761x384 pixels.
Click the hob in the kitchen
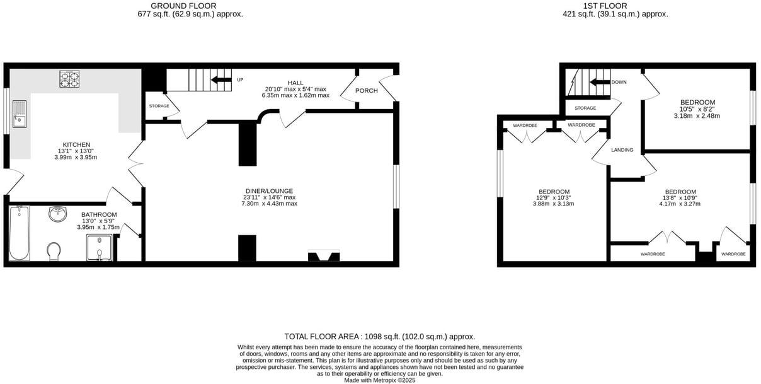(x=69, y=78)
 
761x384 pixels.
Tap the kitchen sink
(x=19, y=113)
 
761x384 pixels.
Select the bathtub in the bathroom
(x=20, y=232)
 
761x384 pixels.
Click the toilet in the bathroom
(x=54, y=251)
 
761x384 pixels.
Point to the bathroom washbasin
(x=58, y=214)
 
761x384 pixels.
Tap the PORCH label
(x=367, y=91)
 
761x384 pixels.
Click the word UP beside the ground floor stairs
(x=240, y=79)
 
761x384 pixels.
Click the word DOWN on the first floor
(x=619, y=82)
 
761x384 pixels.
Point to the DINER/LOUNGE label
(x=269, y=191)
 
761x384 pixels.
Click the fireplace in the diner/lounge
(x=323, y=256)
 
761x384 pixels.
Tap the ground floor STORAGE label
(x=159, y=106)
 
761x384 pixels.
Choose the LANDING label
(x=622, y=150)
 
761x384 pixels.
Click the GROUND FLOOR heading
(x=183, y=6)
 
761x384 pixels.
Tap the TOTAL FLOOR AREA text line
(x=380, y=337)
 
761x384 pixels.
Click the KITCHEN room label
(x=76, y=144)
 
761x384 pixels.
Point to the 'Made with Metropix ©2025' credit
(x=380, y=380)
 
